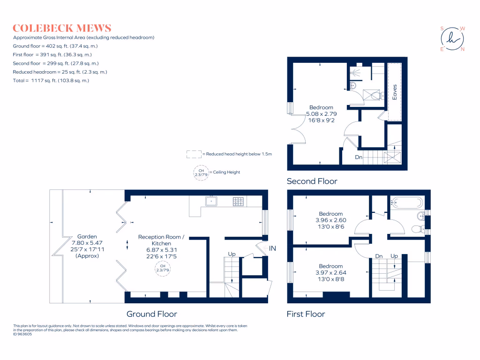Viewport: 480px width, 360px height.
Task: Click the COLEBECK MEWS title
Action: click(62, 28)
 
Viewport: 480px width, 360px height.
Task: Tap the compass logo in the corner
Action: click(452, 39)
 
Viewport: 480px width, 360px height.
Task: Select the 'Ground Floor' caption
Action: click(151, 314)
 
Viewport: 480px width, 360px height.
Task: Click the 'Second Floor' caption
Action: click(312, 181)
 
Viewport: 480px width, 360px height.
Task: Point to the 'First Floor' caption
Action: click(306, 314)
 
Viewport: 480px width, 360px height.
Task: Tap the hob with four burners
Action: click(238, 202)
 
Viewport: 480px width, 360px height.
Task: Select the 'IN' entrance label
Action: click(272, 248)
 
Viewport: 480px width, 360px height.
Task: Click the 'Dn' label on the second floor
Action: click(358, 157)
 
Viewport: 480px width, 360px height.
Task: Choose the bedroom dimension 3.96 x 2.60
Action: click(331, 220)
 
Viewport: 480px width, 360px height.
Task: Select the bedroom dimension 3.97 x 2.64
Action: click(331, 272)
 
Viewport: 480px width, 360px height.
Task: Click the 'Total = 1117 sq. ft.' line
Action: click(51, 81)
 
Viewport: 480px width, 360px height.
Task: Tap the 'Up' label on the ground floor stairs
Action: click(232, 254)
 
